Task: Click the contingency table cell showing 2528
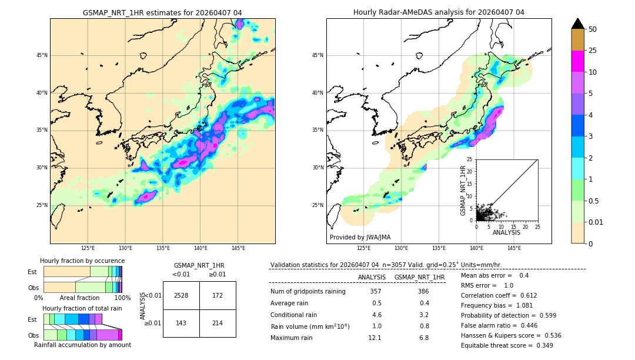click(181, 295)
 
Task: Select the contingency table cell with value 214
click(218, 323)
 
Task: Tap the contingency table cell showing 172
click(218, 295)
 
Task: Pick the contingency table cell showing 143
click(181, 323)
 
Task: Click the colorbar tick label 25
click(593, 51)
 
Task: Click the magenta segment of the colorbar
click(578, 61)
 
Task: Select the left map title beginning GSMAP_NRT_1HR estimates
click(162, 12)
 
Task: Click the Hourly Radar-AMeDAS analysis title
click(439, 12)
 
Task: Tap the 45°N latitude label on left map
click(42, 55)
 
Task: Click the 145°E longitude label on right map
click(514, 248)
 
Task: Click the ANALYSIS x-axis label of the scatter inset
click(507, 233)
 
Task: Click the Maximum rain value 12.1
click(375, 338)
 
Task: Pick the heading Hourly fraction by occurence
click(82, 261)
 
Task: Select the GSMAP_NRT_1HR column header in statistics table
click(419, 277)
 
